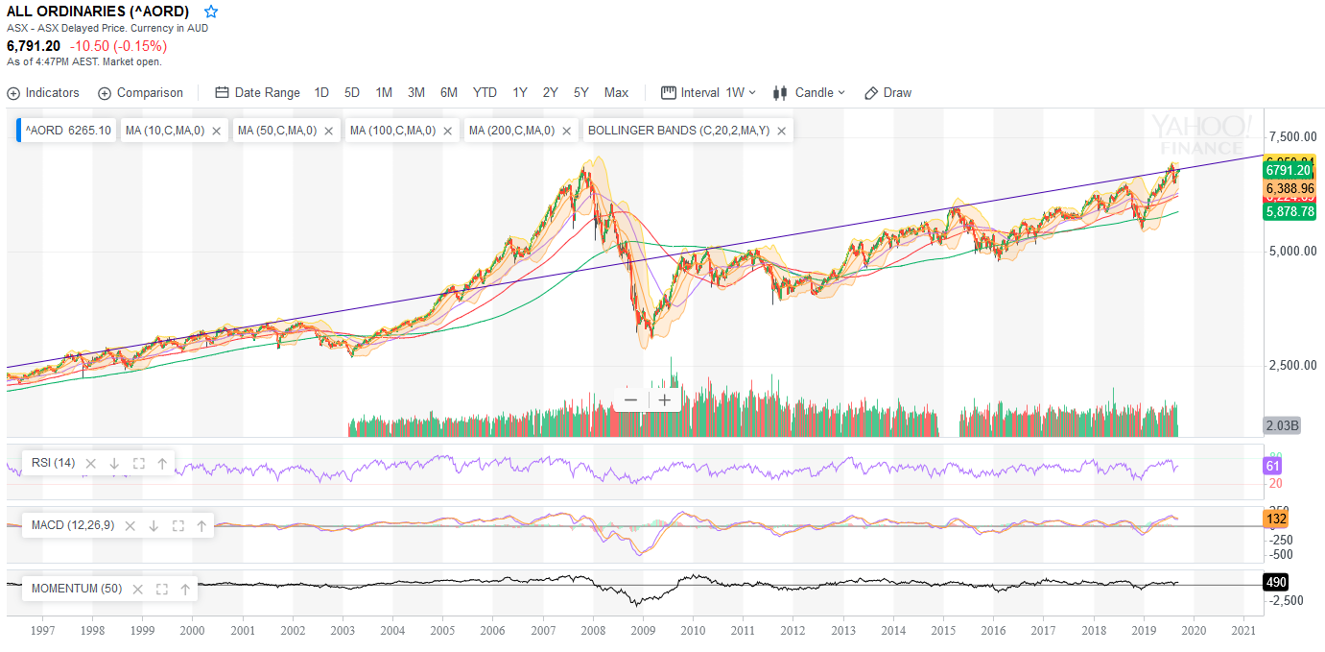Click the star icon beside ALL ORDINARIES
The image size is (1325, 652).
(x=211, y=12)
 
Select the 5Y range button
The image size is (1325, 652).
(x=581, y=93)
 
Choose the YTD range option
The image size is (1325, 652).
(x=485, y=93)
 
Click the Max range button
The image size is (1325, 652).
(x=616, y=93)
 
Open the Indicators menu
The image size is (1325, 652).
(x=43, y=93)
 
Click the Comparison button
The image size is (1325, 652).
(x=140, y=93)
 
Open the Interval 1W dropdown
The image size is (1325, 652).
(x=709, y=93)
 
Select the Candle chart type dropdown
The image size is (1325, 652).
(x=809, y=93)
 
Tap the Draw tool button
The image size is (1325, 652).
(x=887, y=93)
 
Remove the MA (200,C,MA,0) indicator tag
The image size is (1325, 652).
(x=567, y=131)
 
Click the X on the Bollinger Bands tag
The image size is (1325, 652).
(x=782, y=131)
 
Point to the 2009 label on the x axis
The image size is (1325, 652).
(x=643, y=631)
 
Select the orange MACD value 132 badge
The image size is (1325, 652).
(x=1276, y=519)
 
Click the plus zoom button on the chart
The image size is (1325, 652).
(x=664, y=400)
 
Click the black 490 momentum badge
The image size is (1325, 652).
(x=1276, y=582)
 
